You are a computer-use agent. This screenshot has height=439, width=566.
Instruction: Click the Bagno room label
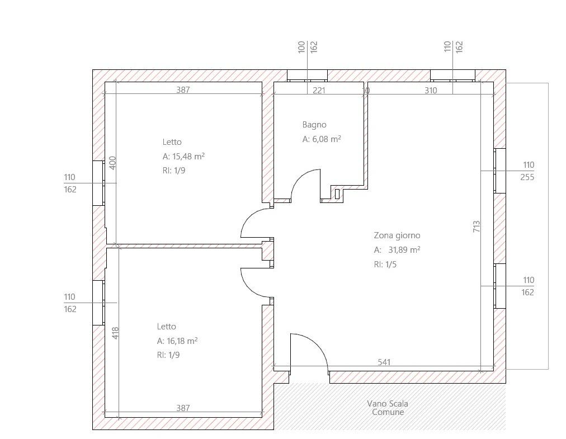[314, 125]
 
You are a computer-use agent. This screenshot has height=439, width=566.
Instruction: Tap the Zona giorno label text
[397, 235]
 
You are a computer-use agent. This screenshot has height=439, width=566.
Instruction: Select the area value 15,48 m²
[189, 157]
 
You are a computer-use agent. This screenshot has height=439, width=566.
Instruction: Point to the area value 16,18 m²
[182, 341]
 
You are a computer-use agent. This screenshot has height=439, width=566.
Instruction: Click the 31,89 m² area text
[404, 250]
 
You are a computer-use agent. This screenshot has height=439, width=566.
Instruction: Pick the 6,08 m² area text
[327, 139]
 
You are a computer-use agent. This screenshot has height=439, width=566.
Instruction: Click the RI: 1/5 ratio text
[385, 265]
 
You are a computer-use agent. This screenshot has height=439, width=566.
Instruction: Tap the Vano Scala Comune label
[388, 408]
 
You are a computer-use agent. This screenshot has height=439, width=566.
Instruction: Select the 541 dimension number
[384, 362]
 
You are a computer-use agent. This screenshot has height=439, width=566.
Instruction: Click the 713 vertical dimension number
[477, 226]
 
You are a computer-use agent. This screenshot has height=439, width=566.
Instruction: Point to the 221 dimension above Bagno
[319, 90]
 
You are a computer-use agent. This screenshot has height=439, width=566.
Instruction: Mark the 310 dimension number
[431, 90]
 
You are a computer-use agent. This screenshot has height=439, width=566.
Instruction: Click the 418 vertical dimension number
[115, 333]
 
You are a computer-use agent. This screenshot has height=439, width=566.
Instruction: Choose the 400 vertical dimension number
[112, 163]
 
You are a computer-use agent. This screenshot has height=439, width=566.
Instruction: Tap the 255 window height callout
[527, 177]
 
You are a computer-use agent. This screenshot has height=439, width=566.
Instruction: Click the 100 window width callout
[301, 48]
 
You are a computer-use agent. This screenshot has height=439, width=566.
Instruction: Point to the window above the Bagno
[307, 75]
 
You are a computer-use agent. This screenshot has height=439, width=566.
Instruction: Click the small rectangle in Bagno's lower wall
[337, 194]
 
